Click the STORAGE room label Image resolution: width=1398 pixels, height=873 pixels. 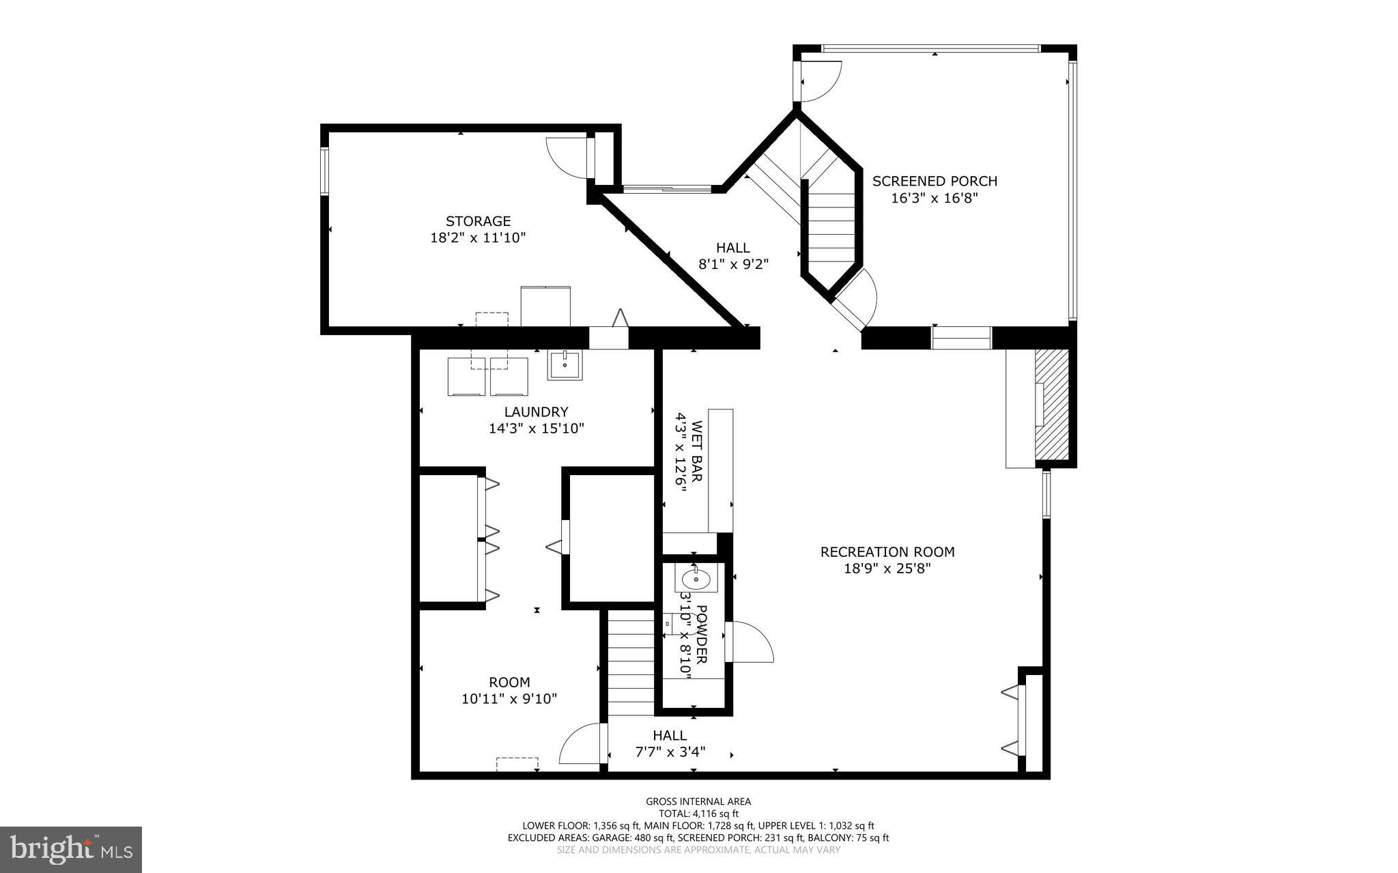tap(478, 221)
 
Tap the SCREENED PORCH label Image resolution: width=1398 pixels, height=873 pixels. tap(935, 181)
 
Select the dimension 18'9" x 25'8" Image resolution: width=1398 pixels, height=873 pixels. tap(887, 569)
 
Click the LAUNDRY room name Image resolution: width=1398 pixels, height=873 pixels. tap(536, 412)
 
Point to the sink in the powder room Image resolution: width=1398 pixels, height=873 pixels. tap(695, 580)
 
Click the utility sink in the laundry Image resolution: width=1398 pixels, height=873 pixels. tap(565, 365)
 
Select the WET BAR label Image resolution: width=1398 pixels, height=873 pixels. tap(697, 451)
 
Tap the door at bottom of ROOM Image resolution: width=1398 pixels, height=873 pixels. tap(582, 746)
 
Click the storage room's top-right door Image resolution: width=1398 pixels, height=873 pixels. tap(567, 158)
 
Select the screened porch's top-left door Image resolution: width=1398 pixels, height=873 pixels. tap(821, 81)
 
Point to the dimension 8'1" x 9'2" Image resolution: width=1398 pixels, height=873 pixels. tap(733, 264)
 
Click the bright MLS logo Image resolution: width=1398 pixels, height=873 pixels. tap(71, 849)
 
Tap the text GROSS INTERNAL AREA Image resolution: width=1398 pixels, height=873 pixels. tap(698, 801)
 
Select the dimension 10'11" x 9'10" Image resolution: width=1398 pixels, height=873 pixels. tap(509, 699)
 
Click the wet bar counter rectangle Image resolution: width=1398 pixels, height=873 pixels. tap(720, 471)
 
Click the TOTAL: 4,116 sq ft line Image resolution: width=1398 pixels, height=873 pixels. tap(698, 814)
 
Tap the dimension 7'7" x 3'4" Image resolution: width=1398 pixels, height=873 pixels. tap(669, 752)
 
